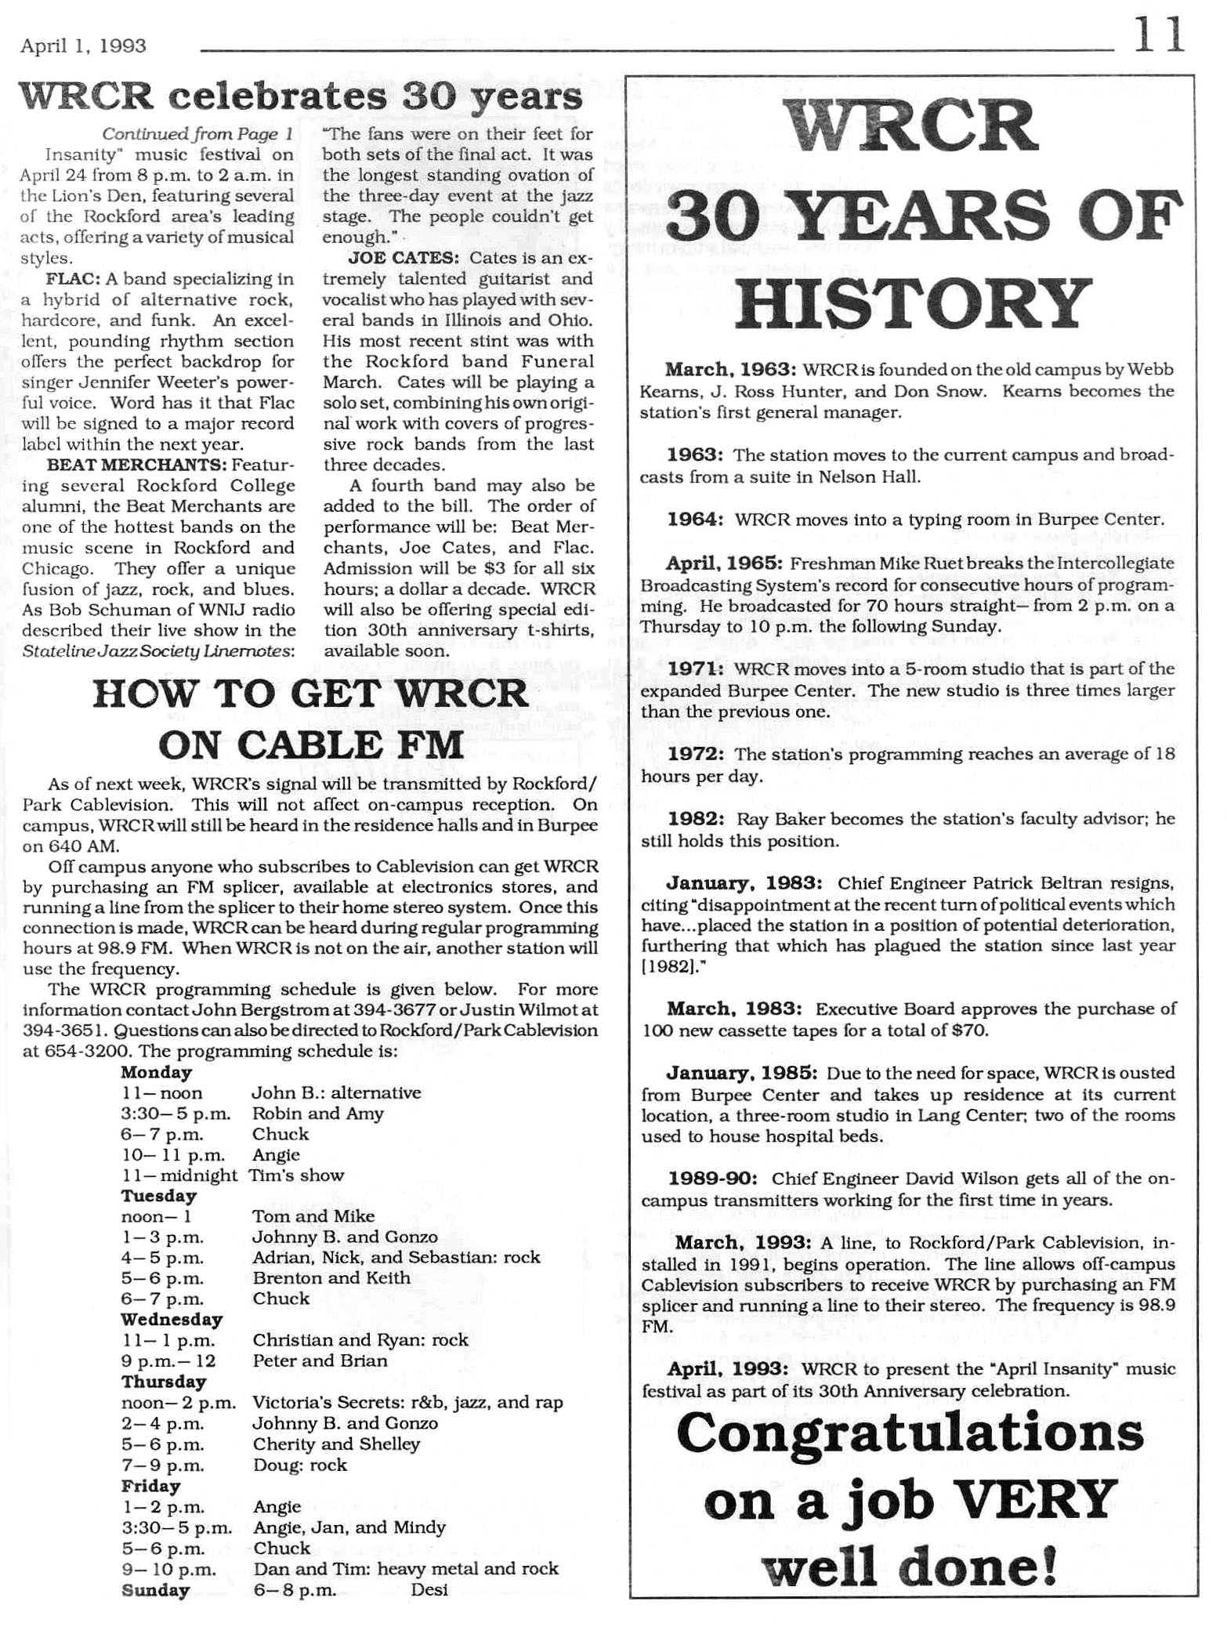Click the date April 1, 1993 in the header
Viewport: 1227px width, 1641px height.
click(x=84, y=46)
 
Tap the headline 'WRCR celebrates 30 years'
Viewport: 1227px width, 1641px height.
click(x=301, y=97)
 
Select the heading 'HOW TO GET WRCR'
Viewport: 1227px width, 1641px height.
click(x=310, y=694)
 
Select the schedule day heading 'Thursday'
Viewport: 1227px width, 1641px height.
click(x=163, y=1382)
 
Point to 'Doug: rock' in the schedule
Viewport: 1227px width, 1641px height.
click(x=299, y=1465)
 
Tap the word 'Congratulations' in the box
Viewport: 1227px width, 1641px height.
click(x=910, y=1435)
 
